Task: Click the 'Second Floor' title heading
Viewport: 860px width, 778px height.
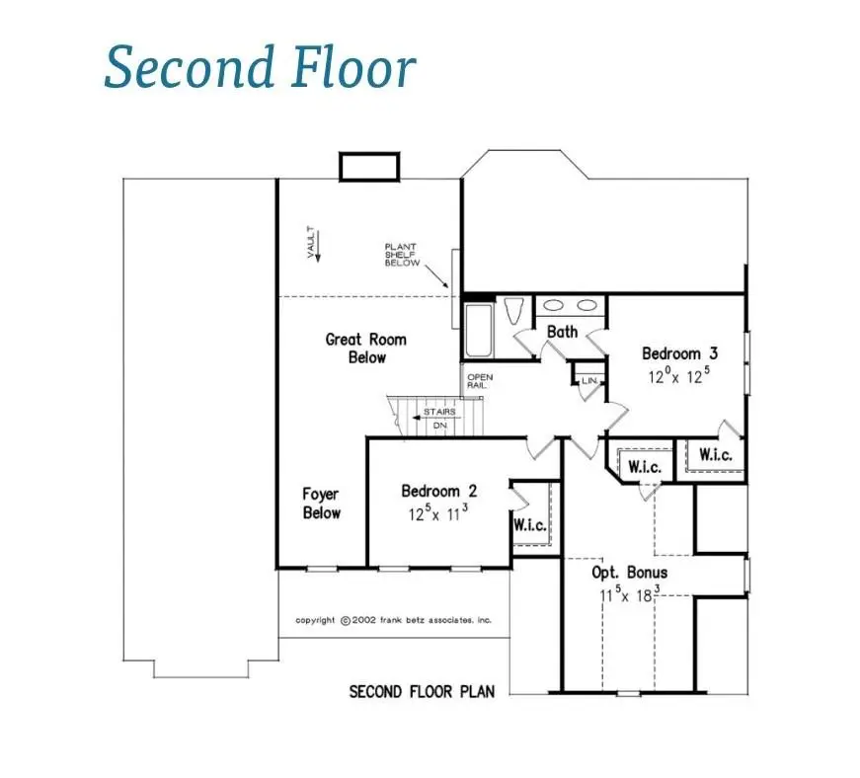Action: pos(260,68)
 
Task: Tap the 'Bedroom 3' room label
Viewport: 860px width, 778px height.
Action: pos(671,353)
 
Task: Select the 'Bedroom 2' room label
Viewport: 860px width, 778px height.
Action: pos(439,491)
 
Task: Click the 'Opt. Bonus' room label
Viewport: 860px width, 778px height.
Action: pos(629,573)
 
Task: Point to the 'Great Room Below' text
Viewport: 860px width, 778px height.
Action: pos(365,348)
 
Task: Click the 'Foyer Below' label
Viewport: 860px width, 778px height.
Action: pos(322,503)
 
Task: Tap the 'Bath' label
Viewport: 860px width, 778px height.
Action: pos(562,332)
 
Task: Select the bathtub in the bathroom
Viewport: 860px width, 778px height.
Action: pos(478,331)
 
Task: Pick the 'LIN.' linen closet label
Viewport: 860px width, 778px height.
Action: pos(589,380)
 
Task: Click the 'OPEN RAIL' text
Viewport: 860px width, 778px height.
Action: pos(480,381)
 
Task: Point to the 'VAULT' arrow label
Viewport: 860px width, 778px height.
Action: pos(312,243)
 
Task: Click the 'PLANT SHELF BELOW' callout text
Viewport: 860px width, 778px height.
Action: pos(402,255)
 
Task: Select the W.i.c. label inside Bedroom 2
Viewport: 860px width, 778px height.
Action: pos(529,525)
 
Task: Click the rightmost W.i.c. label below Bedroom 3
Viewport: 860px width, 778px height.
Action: pos(714,455)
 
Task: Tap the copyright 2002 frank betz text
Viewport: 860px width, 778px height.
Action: pos(393,620)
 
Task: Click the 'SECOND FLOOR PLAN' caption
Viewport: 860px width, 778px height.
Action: pos(422,691)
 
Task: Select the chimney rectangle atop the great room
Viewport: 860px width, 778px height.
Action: pos(369,167)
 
